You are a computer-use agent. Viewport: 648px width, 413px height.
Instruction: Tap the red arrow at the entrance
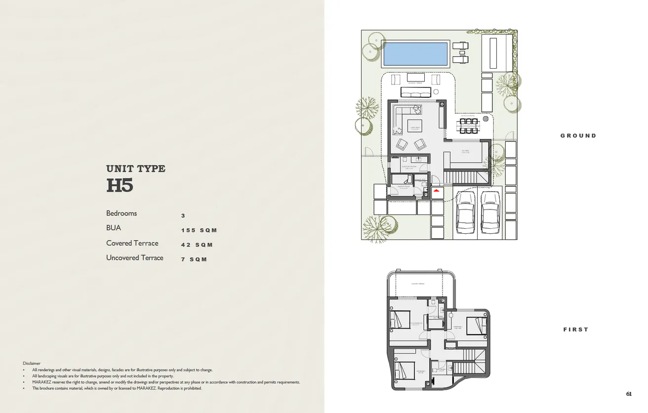(x=436, y=190)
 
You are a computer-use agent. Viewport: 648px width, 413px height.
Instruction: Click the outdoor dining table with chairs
(x=469, y=125)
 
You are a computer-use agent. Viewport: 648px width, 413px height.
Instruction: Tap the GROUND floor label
(x=578, y=135)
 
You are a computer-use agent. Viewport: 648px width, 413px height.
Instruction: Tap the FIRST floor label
(x=576, y=330)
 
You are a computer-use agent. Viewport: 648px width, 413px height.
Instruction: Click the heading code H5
(x=120, y=186)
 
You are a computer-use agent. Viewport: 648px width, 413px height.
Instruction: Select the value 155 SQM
(x=199, y=230)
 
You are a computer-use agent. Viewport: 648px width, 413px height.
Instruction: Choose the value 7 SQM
(x=194, y=259)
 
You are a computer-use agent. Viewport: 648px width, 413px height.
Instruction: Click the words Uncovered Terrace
(x=134, y=258)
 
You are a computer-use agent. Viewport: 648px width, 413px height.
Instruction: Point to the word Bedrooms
(x=121, y=213)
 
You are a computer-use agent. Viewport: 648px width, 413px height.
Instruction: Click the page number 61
(x=629, y=394)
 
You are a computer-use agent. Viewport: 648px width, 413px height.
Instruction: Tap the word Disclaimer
(x=32, y=363)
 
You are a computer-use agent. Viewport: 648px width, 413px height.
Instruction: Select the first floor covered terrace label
(x=418, y=284)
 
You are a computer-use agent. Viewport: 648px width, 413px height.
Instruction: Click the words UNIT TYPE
(x=136, y=168)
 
